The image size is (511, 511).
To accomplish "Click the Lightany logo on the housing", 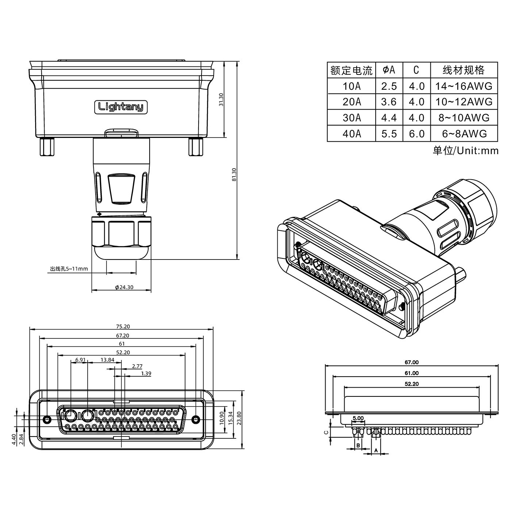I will (x=121, y=107).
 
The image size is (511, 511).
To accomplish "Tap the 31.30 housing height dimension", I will (x=221, y=99).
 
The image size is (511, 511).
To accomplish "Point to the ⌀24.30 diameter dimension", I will (x=124, y=287).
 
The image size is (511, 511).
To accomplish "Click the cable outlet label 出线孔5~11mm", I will (x=69, y=269).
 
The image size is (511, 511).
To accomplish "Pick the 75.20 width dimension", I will (x=122, y=327).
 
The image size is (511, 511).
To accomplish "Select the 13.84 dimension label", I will (x=107, y=360).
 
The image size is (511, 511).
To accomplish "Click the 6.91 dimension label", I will (x=80, y=360).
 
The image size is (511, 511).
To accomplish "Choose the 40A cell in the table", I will (x=351, y=134).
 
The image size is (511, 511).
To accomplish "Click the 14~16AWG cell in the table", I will (x=464, y=86).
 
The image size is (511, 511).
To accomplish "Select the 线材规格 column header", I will (x=464, y=70).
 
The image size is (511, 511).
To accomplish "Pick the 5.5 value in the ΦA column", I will (x=389, y=134).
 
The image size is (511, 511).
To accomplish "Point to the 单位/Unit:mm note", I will (x=465, y=150).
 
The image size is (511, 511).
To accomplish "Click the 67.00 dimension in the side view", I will (x=411, y=362).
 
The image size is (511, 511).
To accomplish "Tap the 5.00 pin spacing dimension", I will (x=358, y=418).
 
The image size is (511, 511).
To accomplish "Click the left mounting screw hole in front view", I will (x=46, y=419).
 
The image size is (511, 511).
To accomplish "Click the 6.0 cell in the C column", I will (x=416, y=134).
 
